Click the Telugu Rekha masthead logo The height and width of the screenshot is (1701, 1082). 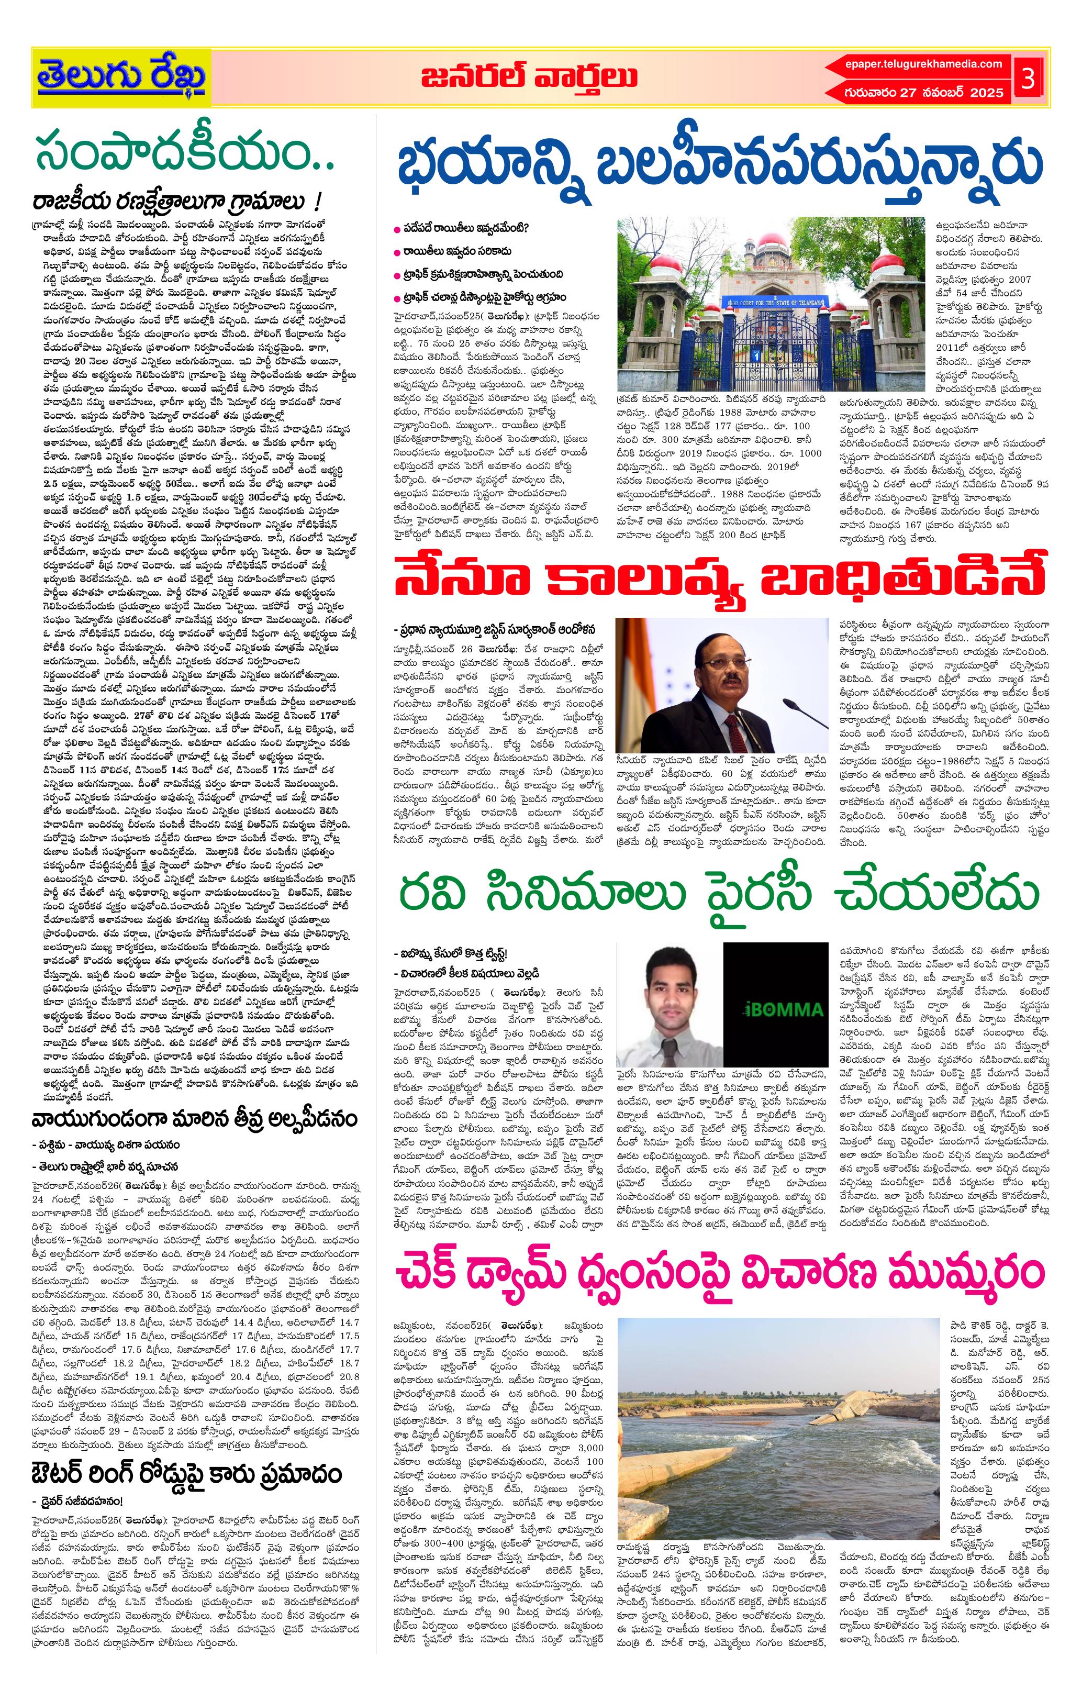(x=121, y=77)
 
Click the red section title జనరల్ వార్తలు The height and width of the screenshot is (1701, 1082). (x=529, y=77)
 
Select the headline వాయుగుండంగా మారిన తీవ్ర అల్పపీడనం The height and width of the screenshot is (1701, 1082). (x=194, y=1119)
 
